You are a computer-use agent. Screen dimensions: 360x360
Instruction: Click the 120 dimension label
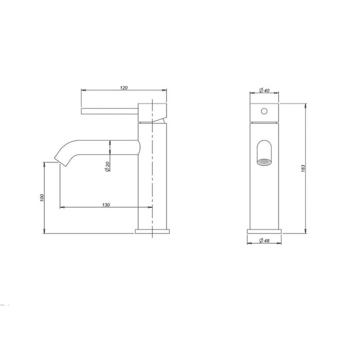coord(123,88)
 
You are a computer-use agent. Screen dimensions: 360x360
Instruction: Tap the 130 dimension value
coord(106,205)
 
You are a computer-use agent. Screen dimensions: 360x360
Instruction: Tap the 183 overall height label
coord(303,169)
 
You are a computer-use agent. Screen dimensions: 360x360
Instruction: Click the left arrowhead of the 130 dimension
coord(63,207)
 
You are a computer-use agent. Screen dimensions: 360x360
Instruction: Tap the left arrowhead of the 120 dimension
coord(84,91)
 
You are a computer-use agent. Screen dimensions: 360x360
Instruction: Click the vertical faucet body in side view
coord(153,175)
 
